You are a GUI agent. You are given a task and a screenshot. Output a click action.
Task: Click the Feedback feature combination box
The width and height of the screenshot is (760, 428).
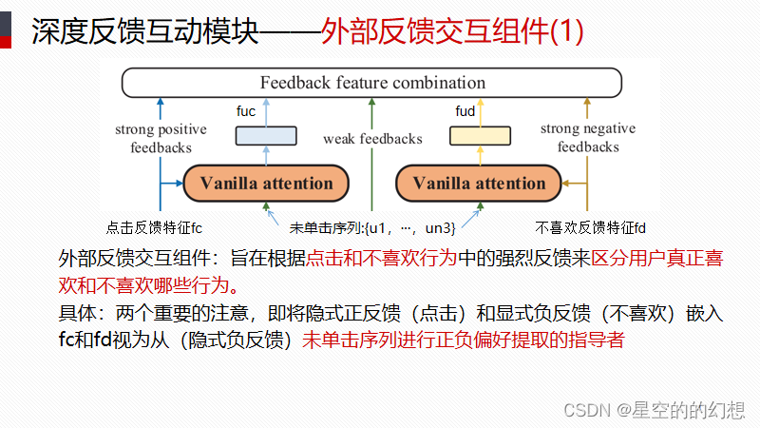(372, 83)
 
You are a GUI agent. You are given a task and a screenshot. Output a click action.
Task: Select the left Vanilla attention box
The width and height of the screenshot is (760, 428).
(267, 183)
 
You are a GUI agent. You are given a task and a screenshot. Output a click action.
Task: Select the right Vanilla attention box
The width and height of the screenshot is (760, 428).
(479, 183)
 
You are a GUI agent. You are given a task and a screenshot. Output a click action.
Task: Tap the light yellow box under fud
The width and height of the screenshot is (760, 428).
(479, 135)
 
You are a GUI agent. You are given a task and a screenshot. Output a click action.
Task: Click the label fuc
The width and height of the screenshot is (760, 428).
(246, 112)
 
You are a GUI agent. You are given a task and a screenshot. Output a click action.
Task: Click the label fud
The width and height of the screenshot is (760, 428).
(465, 112)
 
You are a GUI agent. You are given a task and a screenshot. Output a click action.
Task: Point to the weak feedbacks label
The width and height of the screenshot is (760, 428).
(372, 139)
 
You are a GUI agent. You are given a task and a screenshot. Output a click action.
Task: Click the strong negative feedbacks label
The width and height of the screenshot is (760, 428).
(588, 138)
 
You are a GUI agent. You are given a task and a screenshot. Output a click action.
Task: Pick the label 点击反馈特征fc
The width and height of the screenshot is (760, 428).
(155, 227)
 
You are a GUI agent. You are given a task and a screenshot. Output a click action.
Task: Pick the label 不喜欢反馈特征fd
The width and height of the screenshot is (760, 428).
(591, 227)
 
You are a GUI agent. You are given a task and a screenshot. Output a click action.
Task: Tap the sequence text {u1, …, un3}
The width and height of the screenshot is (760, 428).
(413, 227)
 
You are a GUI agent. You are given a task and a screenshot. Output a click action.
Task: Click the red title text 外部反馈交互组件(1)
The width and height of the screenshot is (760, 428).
(452, 32)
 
